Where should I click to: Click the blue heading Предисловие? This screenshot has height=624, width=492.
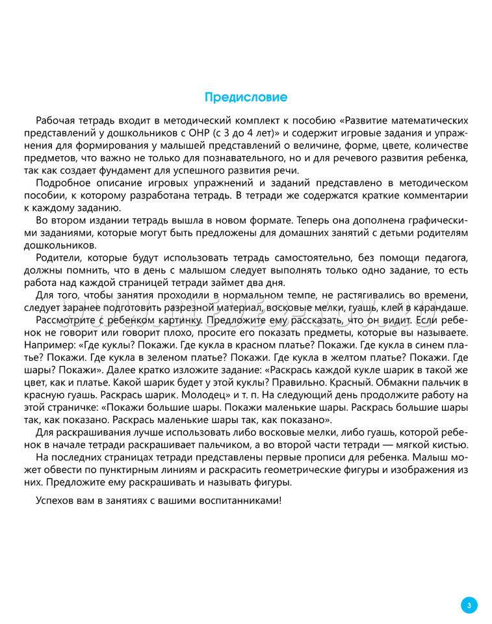246,97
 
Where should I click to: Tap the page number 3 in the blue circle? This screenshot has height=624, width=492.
469,605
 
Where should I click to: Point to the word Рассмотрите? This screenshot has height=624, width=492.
69,320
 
